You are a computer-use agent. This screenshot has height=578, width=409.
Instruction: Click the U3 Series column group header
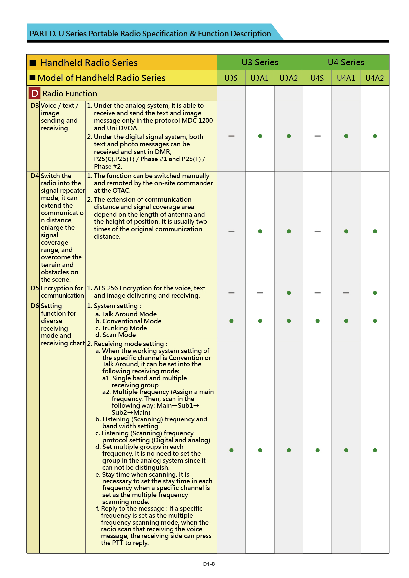(260, 62)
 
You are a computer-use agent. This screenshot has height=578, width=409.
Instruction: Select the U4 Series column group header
(346, 62)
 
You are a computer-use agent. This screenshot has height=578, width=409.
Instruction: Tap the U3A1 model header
(260, 78)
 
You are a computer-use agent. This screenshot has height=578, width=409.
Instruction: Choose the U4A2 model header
(375, 78)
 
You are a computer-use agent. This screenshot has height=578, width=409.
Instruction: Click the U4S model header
(317, 78)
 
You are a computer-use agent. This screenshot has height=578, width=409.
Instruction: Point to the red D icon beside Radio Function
(34, 94)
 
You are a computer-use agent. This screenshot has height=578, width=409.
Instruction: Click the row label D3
(35, 106)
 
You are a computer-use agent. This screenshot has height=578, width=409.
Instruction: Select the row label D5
(35, 288)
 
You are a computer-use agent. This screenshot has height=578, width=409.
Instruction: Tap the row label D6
(35, 306)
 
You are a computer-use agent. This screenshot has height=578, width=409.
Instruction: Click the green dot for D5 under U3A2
(289, 293)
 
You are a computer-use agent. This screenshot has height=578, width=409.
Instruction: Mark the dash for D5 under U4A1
(346, 293)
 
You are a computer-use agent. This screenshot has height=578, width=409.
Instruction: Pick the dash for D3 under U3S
(231, 136)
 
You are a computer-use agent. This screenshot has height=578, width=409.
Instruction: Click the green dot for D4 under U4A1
(346, 231)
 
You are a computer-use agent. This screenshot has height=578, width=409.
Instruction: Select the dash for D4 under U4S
(317, 231)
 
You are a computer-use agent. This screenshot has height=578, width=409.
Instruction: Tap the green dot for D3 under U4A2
(375, 136)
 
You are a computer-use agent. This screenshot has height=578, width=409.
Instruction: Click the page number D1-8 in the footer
(209, 564)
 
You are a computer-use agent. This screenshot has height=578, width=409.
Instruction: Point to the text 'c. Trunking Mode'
(121, 328)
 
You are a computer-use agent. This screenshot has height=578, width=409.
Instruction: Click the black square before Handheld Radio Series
(33, 63)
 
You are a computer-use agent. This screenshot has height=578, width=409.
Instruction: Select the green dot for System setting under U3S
(231, 321)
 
